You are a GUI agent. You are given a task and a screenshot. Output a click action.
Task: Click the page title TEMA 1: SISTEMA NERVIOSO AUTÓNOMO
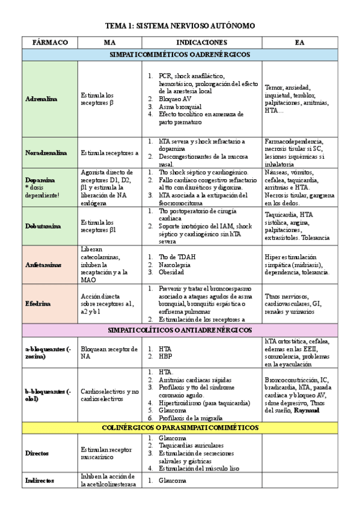point(180,26)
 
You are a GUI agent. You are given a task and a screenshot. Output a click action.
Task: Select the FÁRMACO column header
point(49,43)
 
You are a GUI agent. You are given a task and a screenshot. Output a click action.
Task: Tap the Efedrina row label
point(38,304)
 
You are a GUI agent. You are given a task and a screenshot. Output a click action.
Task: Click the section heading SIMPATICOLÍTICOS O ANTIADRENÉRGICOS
point(180,330)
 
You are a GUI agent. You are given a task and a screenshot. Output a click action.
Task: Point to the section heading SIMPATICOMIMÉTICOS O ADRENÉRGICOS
point(180,54)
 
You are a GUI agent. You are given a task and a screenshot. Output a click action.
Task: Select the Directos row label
point(37,453)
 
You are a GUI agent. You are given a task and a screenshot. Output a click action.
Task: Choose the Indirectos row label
point(40,481)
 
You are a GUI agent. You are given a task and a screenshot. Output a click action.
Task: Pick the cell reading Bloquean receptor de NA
point(107,352)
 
